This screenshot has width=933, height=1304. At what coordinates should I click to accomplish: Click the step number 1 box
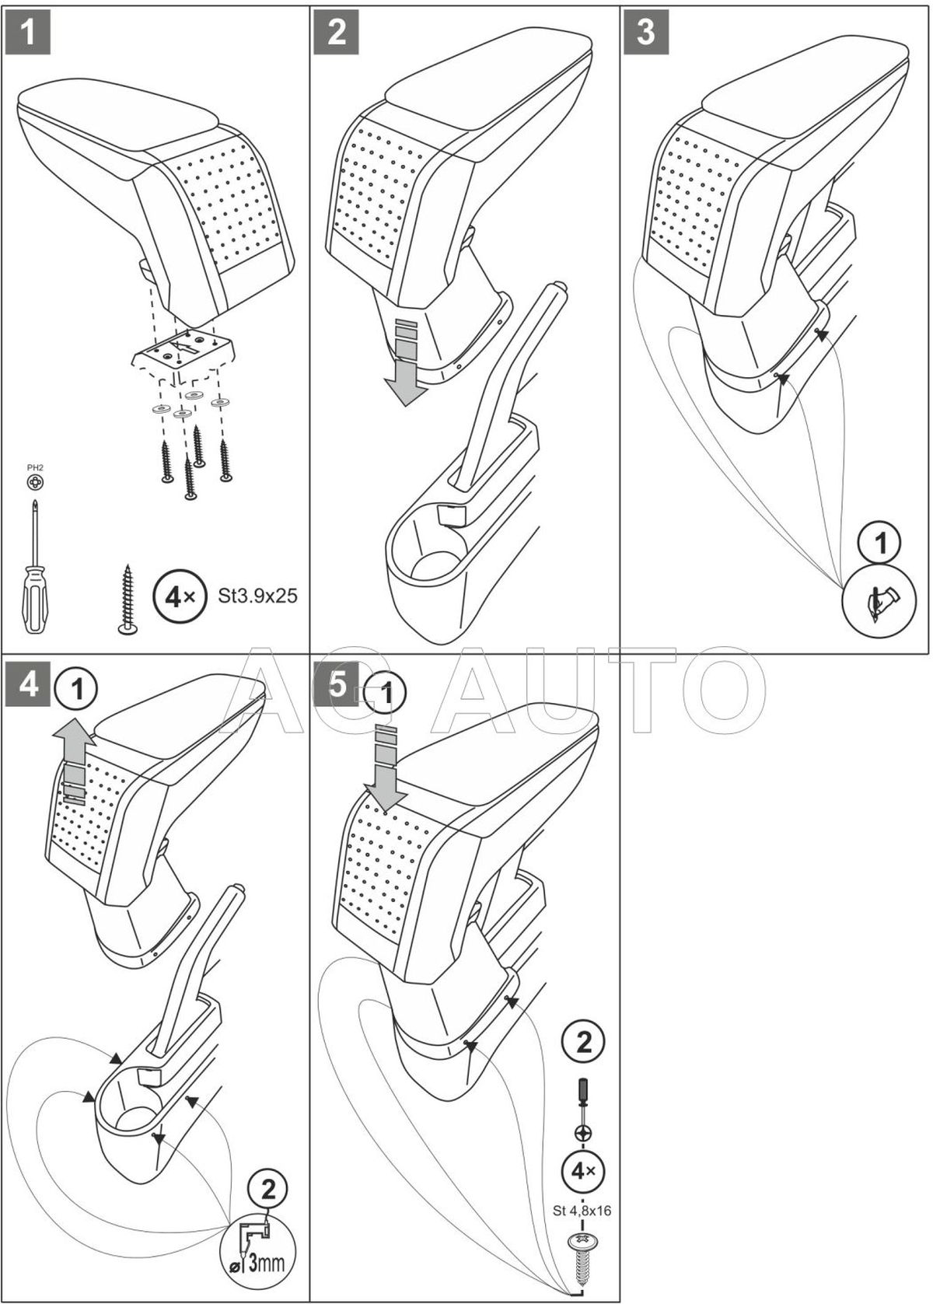point(28,32)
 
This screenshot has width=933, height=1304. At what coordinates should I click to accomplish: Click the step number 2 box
point(337,32)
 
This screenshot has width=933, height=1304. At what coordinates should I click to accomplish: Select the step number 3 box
point(646,32)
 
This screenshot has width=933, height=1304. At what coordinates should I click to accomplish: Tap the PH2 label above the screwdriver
point(35,468)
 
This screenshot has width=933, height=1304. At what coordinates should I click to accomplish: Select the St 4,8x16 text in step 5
point(582,1210)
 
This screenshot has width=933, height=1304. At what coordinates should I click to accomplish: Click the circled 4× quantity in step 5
point(582,1169)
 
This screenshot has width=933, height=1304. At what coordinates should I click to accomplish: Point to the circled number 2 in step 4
point(267,1189)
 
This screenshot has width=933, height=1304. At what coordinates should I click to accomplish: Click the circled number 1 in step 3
point(880,544)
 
